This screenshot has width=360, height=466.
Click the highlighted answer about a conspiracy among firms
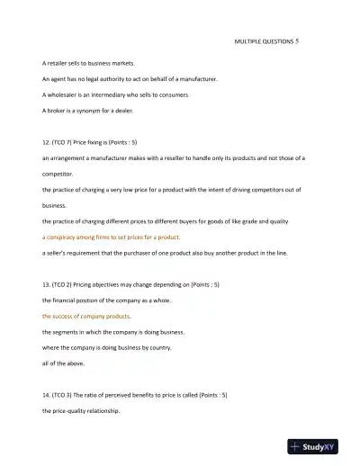pos(112,237)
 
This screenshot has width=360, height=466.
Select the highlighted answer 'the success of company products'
pos(86,316)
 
